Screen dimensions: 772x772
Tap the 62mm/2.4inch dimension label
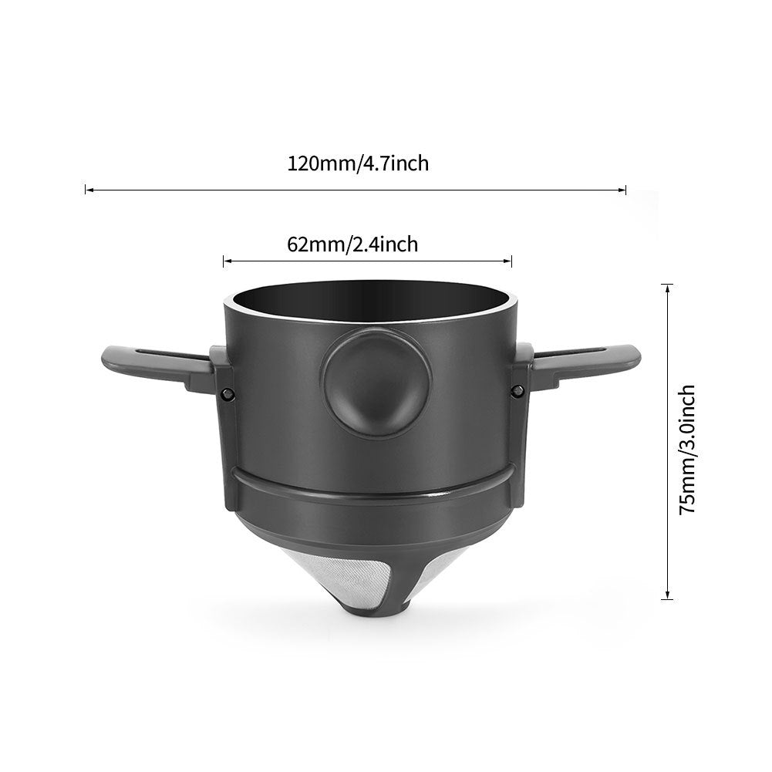click(352, 244)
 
